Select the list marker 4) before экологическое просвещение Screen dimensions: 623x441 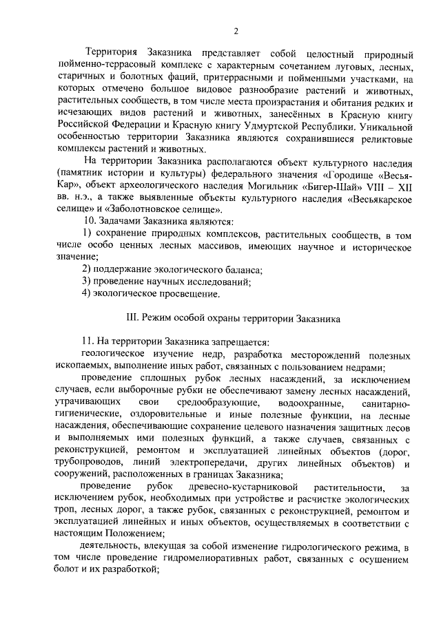87,294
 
